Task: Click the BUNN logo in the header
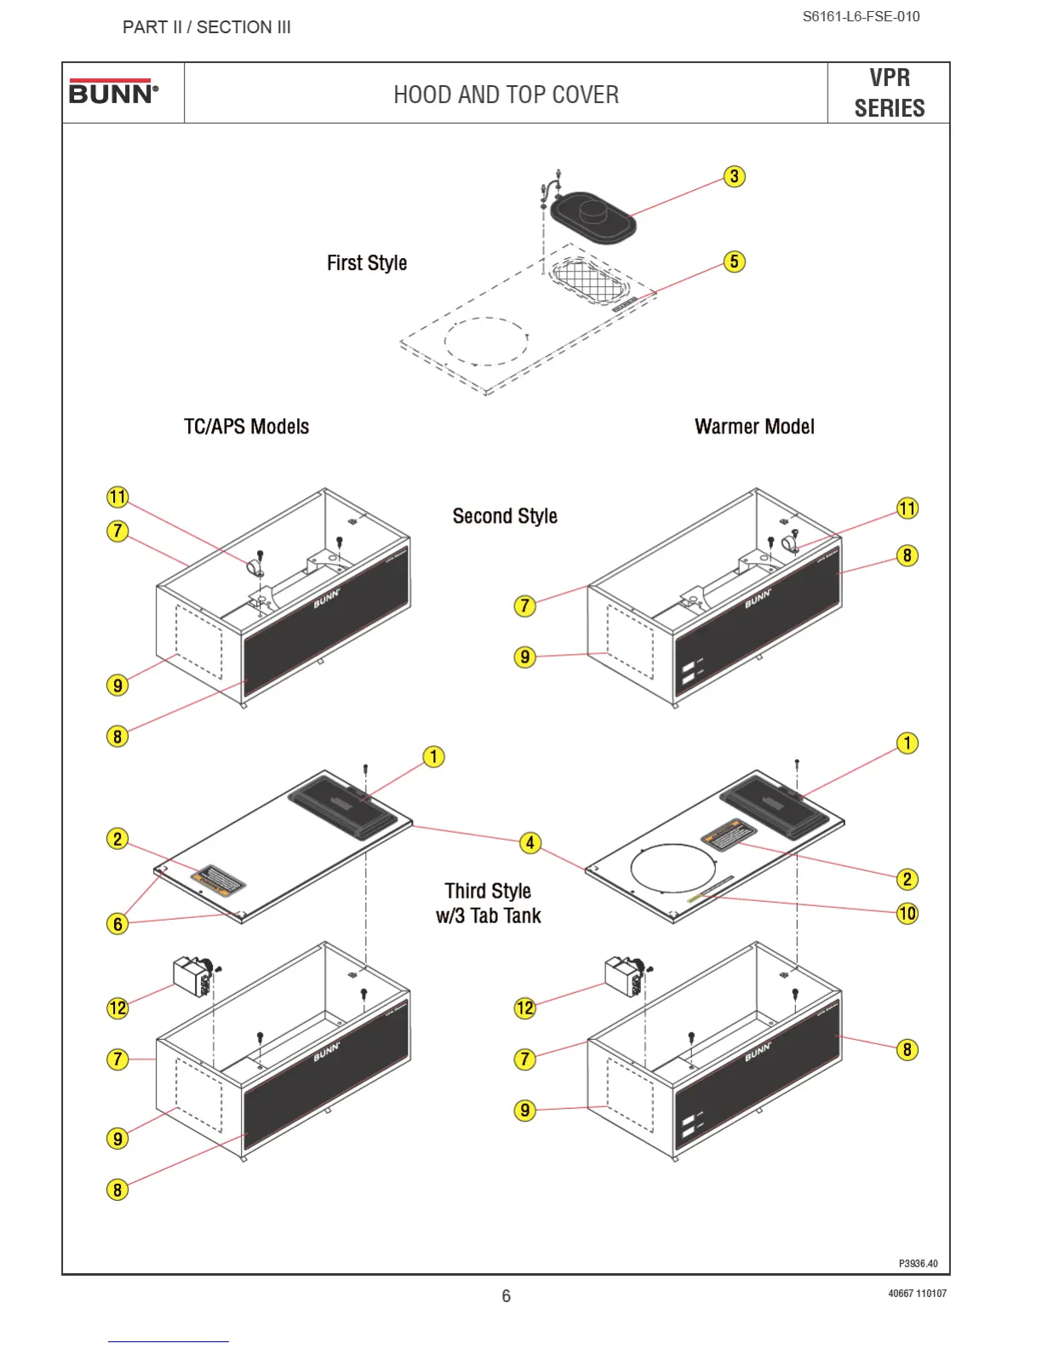(x=113, y=92)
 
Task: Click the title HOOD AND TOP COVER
(x=506, y=95)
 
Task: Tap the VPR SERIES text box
(x=889, y=93)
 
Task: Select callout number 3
(x=734, y=176)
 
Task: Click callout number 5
(x=734, y=261)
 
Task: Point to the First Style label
(x=367, y=263)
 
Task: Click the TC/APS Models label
(x=246, y=427)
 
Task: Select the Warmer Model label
(x=754, y=427)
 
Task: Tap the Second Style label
(x=505, y=516)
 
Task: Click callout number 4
(x=530, y=843)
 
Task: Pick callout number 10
(x=907, y=914)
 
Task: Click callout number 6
(x=117, y=924)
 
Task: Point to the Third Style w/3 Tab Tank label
(x=489, y=903)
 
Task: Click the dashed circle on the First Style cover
(x=486, y=341)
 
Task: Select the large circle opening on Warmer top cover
(x=673, y=869)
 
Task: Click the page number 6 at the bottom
(x=506, y=1296)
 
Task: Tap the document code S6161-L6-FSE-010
(x=861, y=16)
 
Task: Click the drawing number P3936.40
(x=918, y=1264)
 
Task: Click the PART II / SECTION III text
(x=207, y=27)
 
